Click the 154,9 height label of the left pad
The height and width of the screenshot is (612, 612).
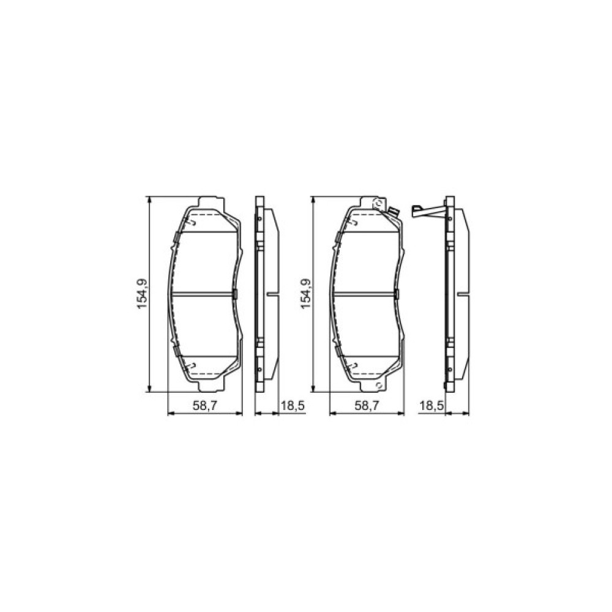[141, 294]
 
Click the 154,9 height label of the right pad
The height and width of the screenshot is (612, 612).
[305, 294]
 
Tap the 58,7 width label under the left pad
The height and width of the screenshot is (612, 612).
[205, 406]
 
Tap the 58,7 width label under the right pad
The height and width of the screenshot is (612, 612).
[367, 406]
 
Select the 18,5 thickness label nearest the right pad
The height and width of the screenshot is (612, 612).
[431, 406]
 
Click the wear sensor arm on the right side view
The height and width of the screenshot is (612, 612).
[428, 211]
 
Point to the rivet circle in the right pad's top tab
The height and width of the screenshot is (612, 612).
[378, 203]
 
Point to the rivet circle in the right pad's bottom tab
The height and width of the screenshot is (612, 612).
[378, 385]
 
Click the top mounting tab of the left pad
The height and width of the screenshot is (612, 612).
[212, 202]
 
